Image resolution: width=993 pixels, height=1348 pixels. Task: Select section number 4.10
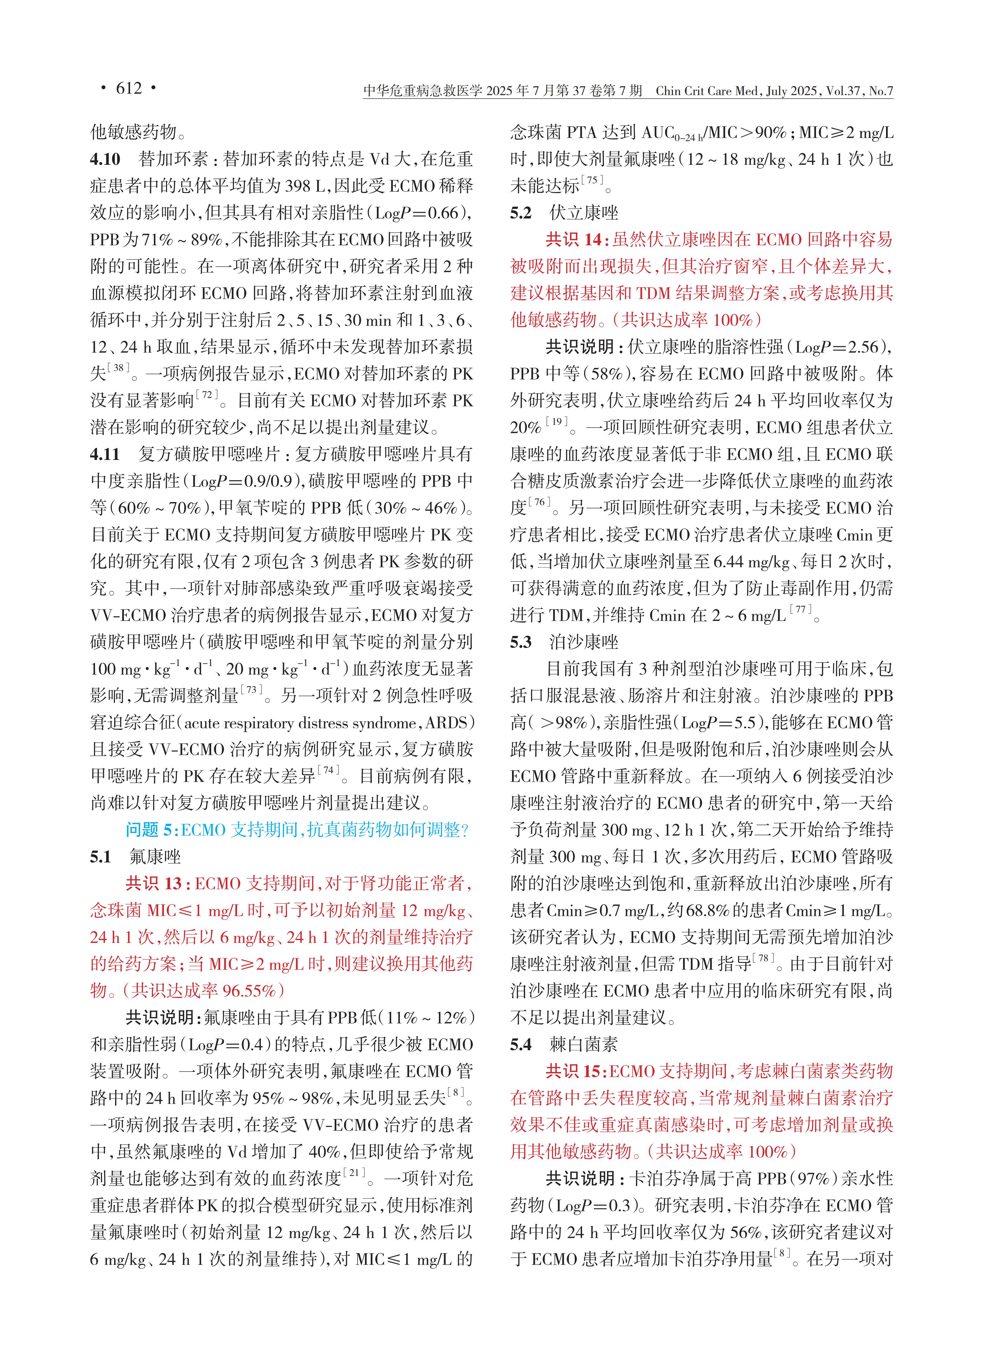click(105, 159)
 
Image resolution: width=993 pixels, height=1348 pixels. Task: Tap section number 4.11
click(105, 455)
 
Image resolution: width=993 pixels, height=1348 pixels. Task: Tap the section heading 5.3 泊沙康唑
click(564, 642)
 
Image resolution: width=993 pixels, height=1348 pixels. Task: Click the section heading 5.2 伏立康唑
click(564, 213)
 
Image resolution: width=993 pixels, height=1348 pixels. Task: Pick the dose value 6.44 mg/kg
click(751, 562)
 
